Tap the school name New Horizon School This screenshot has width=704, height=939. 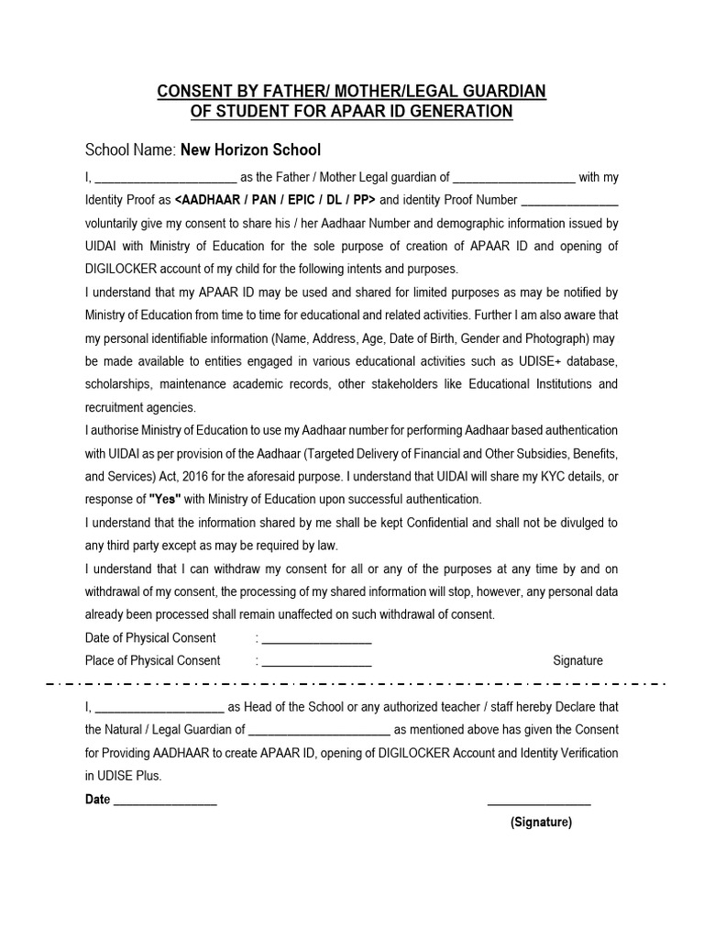(250, 149)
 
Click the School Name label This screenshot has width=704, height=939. (130, 149)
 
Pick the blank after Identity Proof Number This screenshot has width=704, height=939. (569, 200)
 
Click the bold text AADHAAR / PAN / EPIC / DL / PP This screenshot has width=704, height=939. (275, 200)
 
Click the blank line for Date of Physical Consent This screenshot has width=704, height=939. (317, 638)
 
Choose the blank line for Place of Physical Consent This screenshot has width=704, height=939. (317, 661)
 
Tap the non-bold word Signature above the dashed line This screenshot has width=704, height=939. (577, 660)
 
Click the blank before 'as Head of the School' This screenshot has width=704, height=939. (159, 707)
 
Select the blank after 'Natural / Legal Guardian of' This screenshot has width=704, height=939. (319, 730)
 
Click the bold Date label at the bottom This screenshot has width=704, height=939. (97, 800)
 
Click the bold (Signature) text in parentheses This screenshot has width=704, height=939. (541, 823)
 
